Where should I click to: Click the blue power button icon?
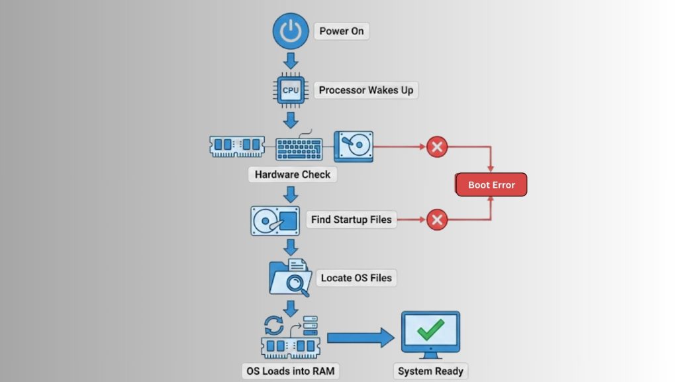pos(291,31)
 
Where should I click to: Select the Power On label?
pos(342,31)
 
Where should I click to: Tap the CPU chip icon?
pos(291,90)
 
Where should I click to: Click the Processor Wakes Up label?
pos(366,90)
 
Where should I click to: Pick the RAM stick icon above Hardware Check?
pos(237,146)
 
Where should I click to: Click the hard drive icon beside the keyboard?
pos(354,146)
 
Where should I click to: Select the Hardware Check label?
pos(293,175)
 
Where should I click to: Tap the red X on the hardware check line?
pos(436,147)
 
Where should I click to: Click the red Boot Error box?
pos(491,185)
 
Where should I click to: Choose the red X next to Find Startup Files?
pos(436,219)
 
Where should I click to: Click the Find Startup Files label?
pos(351,220)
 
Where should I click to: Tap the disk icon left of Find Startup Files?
pos(275,220)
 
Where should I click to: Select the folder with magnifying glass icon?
pos(290,277)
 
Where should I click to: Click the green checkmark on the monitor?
pos(430,329)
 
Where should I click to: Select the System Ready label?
pos(430,371)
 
